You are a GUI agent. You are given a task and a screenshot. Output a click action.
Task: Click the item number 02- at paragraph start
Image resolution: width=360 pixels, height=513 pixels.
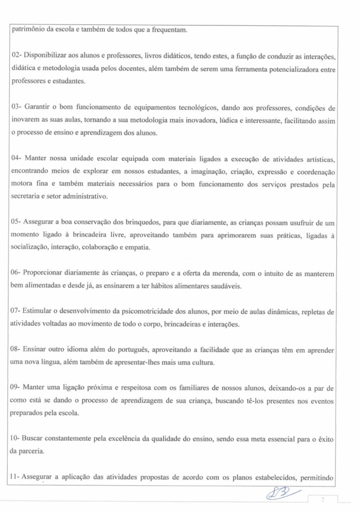[16, 54]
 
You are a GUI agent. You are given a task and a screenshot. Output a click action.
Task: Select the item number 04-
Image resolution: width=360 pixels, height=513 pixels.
[16, 158]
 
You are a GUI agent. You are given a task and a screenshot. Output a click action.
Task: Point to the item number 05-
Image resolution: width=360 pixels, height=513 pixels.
[16, 221]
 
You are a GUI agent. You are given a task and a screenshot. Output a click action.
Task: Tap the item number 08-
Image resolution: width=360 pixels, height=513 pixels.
[16, 350]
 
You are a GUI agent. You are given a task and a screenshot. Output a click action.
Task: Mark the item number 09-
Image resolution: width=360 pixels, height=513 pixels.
[16, 388]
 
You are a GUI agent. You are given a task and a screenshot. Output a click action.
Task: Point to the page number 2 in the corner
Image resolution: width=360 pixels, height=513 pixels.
[323, 500]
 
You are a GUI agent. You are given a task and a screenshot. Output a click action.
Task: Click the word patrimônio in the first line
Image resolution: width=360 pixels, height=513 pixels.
[28, 29]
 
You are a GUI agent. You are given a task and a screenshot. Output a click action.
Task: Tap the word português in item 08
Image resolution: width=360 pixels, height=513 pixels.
[130, 350]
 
